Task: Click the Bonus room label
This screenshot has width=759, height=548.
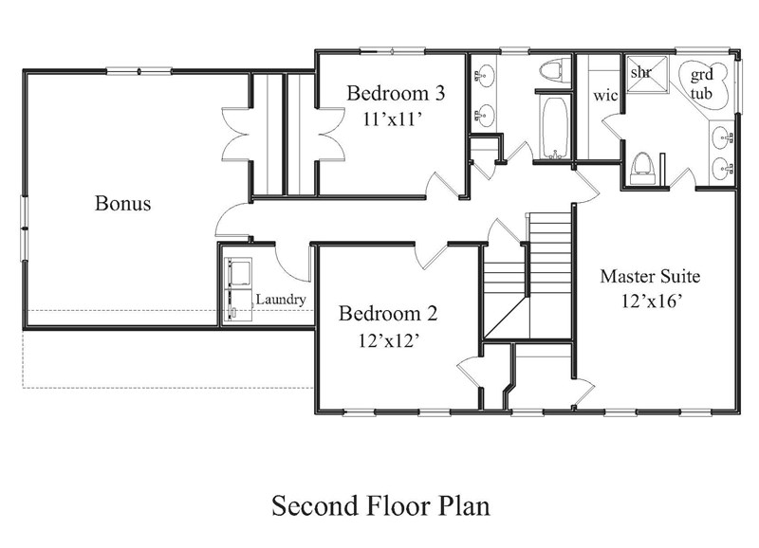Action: coord(122,203)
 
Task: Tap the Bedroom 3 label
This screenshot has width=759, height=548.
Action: coord(396,93)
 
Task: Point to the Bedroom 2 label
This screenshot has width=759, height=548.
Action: coord(388,314)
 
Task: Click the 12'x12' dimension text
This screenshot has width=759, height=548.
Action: coord(388,341)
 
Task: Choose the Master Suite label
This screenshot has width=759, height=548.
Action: coord(650,276)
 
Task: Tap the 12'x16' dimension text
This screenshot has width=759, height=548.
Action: coord(652,301)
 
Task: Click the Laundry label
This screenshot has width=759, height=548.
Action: coord(281,300)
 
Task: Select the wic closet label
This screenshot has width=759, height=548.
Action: coord(605,95)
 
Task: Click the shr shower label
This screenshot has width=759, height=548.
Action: coord(641,73)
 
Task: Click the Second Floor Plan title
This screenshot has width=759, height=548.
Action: coord(380,506)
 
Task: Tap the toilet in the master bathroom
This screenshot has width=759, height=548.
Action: coord(642,169)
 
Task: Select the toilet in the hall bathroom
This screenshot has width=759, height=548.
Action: coord(556,70)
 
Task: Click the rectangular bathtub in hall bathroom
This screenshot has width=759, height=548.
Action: coord(554,128)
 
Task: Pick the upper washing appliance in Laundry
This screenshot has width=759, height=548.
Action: coord(239,272)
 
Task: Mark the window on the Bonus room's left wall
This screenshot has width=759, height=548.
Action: coord(23,228)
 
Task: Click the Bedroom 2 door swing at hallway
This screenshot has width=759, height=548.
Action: coord(432,255)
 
